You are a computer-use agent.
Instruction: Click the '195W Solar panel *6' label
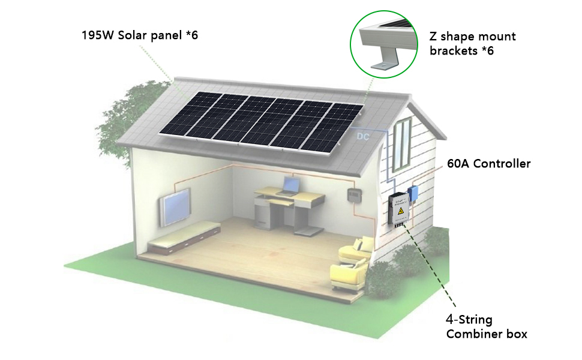pos(140,35)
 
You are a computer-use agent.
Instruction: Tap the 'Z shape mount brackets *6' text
pos(472,44)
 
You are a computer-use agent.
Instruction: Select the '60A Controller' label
pos(488,163)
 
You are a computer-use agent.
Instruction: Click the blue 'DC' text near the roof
pos(362,137)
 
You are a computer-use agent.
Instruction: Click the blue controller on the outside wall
pos(413,193)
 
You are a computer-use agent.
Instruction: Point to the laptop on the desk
pos(291,185)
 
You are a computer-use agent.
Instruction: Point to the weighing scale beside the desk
pos(309,230)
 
